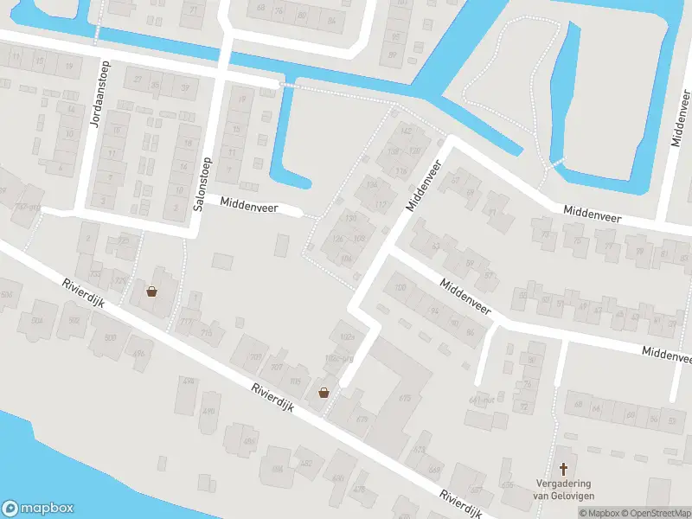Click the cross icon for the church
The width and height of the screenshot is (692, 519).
[x=564, y=468]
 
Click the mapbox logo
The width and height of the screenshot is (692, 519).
[x=38, y=509]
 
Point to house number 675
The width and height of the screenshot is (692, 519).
[x=404, y=398]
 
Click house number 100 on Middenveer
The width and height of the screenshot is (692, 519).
[x=400, y=287]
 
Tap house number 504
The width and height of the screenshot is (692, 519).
[x=37, y=321]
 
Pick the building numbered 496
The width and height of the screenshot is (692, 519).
[x=139, y=353]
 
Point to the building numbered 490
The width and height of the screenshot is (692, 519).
[x=208, y=411]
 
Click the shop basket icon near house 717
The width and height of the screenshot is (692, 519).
[x=152, y=292]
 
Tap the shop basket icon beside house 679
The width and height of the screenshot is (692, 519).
[x=324, y=392]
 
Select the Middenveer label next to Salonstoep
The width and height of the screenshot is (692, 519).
[x=248, y=203]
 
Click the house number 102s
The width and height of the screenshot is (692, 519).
[x=348, y=336]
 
